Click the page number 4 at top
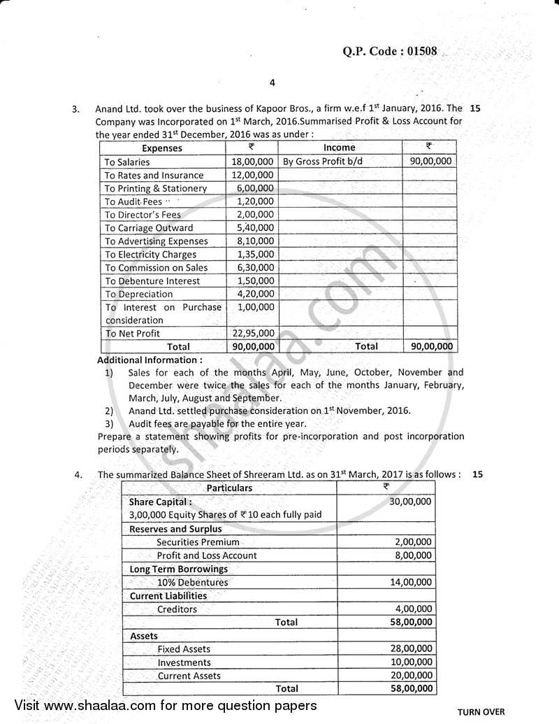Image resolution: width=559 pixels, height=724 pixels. (273, 83)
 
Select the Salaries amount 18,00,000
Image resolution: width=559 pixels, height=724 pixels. (251, 162)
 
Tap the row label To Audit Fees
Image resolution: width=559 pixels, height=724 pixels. (133, 201)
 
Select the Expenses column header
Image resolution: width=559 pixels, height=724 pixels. (161, 148)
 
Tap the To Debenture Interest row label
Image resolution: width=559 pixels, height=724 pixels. (152, 281)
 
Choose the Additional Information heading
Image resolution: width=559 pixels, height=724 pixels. (150, 360)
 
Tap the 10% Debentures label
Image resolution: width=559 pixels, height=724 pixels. (192, 582)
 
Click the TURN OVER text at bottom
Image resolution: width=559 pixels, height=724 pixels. (481, 712)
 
